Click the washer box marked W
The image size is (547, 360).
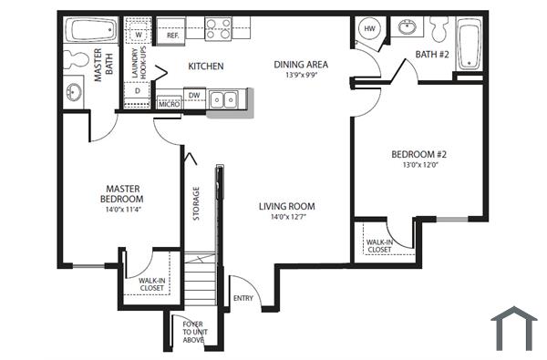point(139,35)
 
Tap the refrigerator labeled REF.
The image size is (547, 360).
point(172,35)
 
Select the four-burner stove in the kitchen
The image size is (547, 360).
point(218,29)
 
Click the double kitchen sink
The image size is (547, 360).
point(224,99)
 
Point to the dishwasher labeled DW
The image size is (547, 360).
point(194,95)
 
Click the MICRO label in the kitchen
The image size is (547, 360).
point(168,104)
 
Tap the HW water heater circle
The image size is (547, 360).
point(369,29)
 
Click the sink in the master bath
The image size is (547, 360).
point(73,92)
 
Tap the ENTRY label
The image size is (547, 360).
point(243,298)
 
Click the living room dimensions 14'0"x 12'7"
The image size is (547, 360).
point(286,217)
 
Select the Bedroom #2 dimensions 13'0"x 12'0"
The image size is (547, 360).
point(417,165)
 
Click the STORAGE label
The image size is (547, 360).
point(195,202)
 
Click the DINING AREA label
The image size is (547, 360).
point(300,65)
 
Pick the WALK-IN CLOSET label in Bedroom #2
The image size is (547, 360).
point(379,245)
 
